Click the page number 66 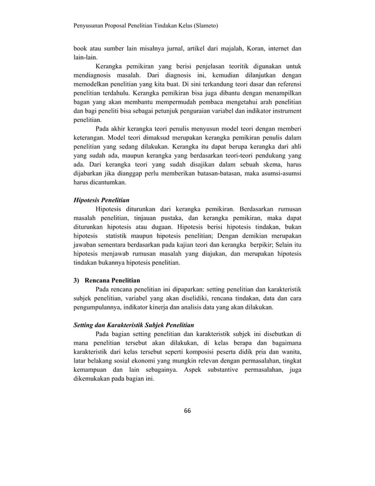tap(187, 410)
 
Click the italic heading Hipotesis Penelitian tap(102, 200)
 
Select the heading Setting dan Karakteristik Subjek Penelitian tap(132, 324)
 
